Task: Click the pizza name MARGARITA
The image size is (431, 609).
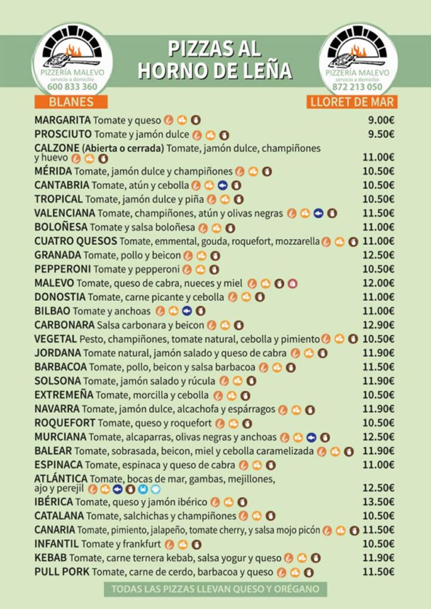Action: (x=62, y=120)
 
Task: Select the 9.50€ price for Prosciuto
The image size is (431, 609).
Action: (x=381, y=134)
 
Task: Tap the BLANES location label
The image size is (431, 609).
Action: (x=71, y=102)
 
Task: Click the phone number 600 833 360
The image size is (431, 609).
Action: (x=72, y=87)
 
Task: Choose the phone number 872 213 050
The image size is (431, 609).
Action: (x=357, y=87)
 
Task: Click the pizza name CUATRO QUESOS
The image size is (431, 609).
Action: (x=75, y=241)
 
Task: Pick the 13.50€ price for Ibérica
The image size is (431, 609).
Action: (x=379, y=502)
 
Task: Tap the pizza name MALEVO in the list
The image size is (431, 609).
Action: (x=54, y=283)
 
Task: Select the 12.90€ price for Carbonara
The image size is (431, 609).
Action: (x=379, y=325)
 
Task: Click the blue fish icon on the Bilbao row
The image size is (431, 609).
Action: (x=187, y=310)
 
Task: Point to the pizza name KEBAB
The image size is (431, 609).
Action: (x=50, y=558)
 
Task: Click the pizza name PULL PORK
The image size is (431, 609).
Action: (x=62, y=572)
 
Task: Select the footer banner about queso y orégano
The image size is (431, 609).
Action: (x=215, y=589)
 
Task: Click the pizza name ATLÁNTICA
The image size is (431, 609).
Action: (x=61, y=478)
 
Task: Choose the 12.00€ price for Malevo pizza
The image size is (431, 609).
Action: (x=379, y=283)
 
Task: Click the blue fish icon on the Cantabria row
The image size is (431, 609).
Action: (x=223, y=185)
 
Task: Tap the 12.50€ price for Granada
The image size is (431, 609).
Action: (x=379, y=255)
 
